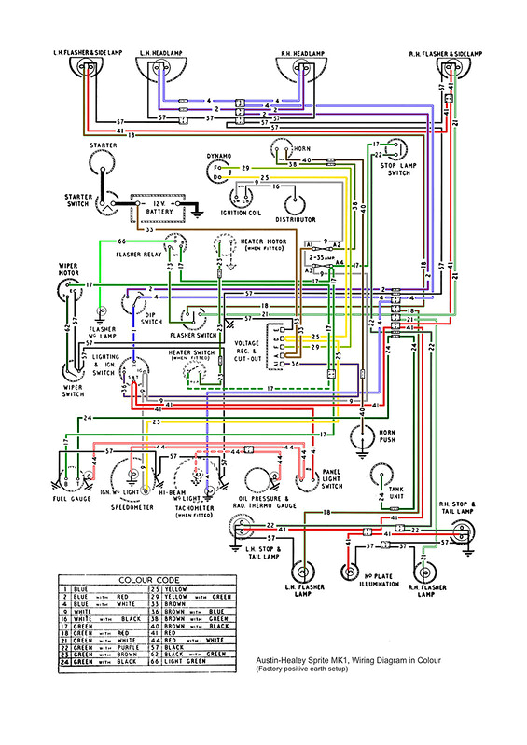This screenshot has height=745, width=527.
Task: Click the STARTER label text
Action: [102, 146]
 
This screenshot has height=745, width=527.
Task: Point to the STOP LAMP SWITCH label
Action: [401, 169]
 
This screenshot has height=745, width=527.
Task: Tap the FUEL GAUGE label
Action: [71, 497]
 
